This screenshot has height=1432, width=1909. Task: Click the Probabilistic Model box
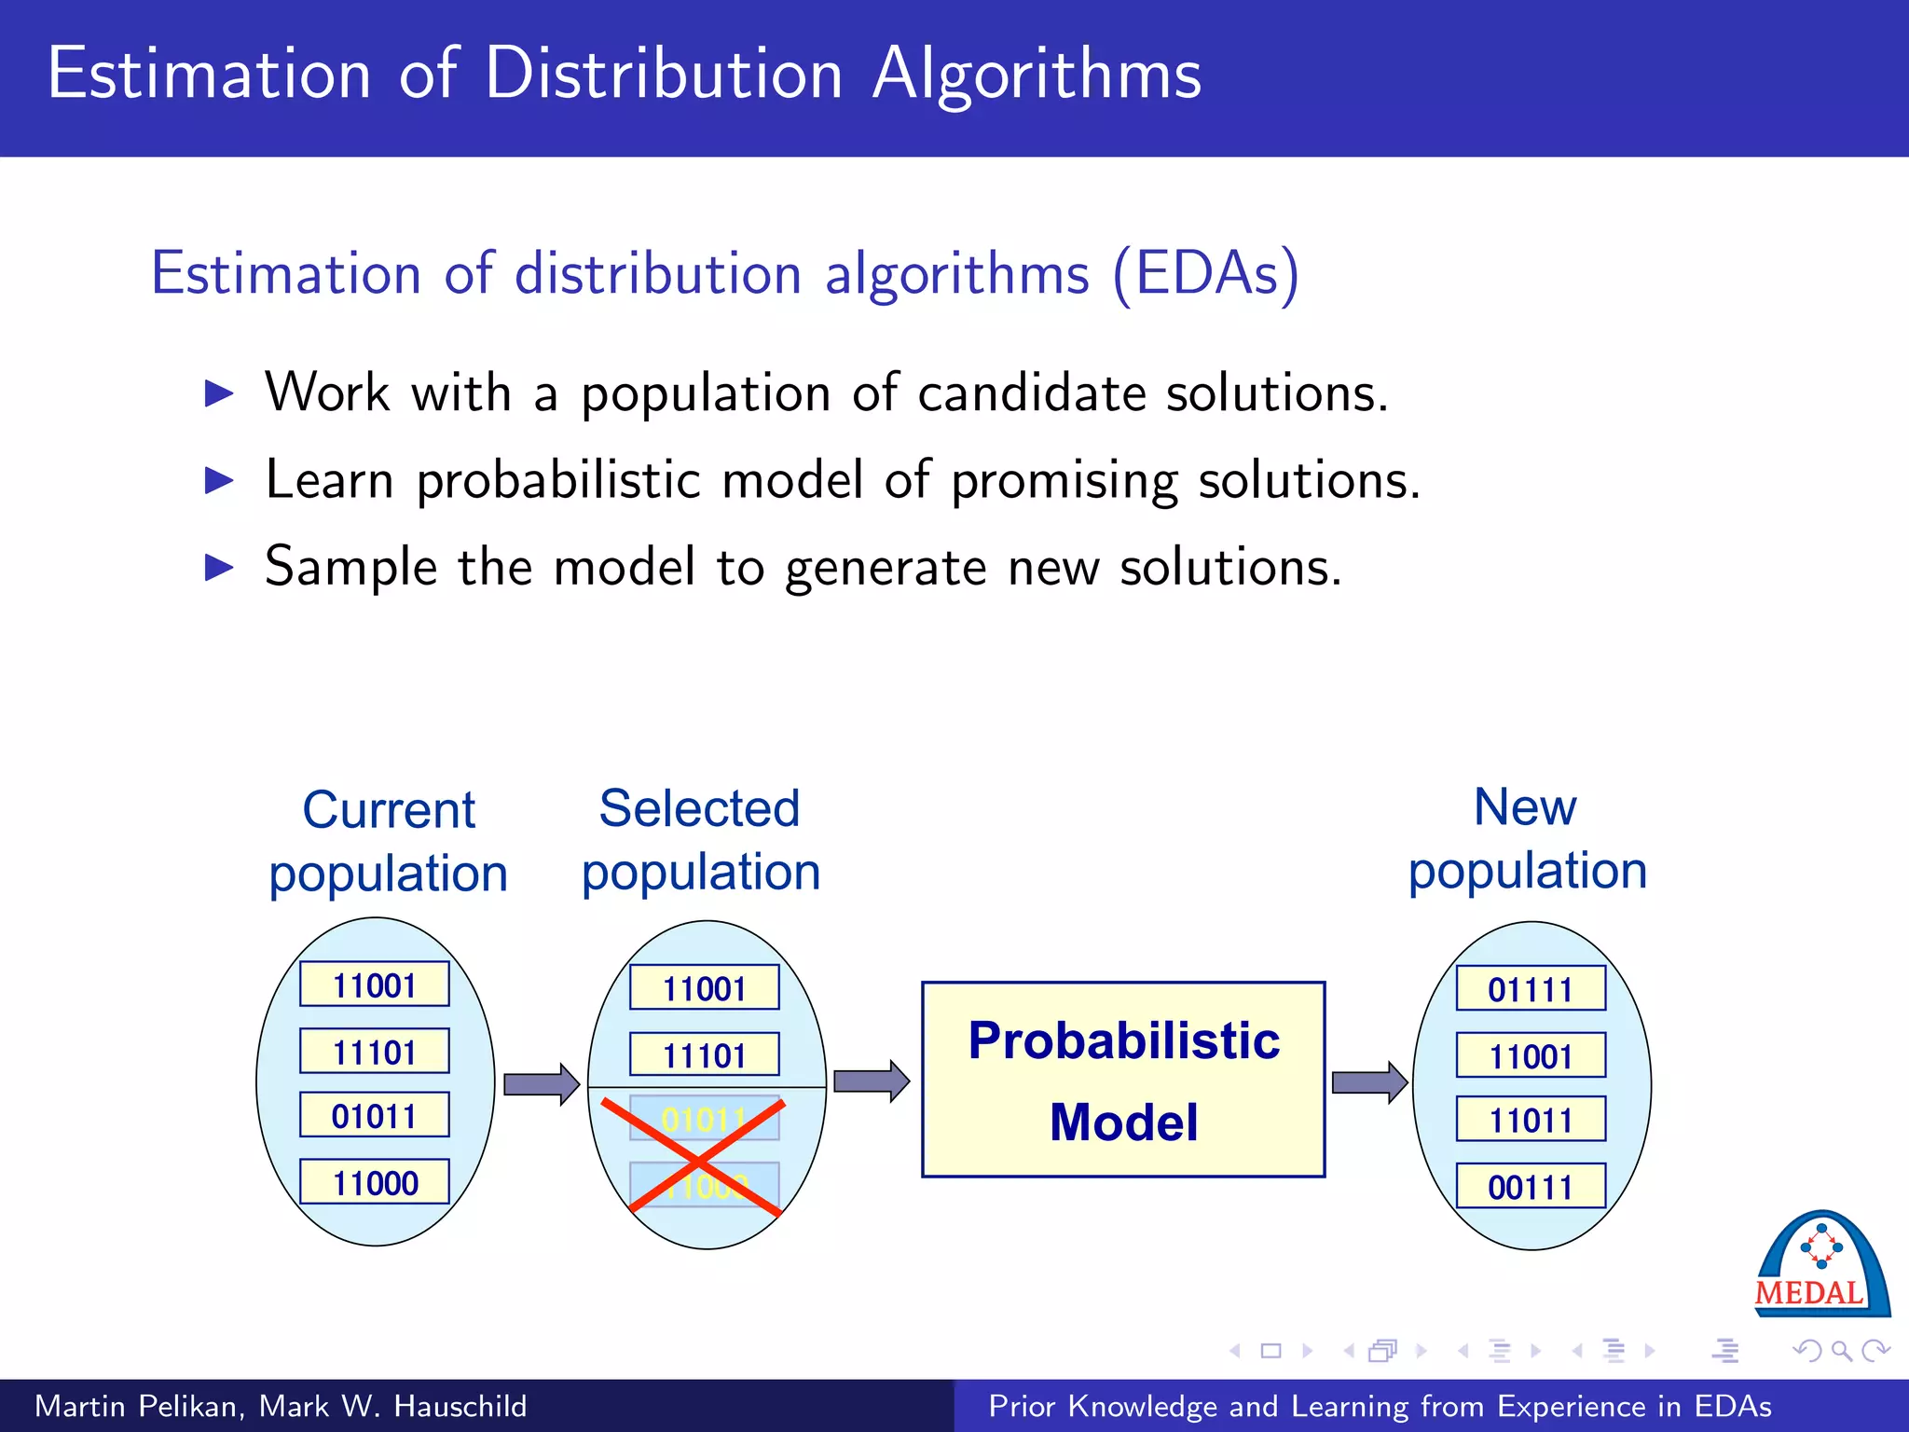[1123, 1080]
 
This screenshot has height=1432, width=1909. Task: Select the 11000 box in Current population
[375, 1182]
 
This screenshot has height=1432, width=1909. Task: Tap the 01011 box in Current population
[375, 1115]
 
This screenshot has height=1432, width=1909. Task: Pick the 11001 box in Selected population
[704, 988]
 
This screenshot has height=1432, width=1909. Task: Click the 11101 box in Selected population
[704, 1055]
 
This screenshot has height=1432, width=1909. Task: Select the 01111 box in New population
[1531, 988]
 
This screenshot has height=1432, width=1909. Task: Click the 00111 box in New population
[1531, 1186]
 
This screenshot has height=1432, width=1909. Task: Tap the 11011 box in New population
[1531, 1119]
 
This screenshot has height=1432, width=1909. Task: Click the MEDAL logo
[1820, 1266]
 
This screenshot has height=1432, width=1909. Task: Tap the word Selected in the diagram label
[699, 808]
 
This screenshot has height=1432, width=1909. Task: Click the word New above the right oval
[1525, 806]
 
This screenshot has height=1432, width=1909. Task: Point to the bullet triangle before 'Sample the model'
[219, 567]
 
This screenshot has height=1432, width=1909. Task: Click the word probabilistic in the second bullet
[557, 481]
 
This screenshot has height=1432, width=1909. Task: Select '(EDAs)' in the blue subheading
[1206, 274]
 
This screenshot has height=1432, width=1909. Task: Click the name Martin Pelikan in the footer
[138, 1406]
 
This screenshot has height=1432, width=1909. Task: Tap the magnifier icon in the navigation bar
[1841, 1351]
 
